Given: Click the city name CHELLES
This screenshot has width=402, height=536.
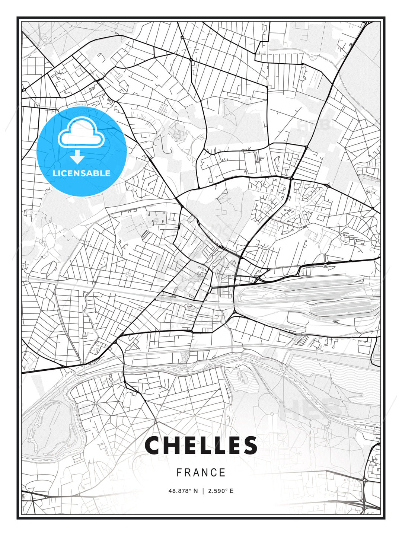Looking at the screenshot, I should click(201, 445).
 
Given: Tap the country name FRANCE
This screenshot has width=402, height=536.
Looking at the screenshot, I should click(201, 473).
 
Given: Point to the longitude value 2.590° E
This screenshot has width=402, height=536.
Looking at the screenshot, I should click(221, 491).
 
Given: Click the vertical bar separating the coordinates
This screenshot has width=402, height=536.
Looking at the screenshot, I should click(203, 491).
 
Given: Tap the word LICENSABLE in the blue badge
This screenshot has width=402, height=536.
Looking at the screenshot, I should click(82, 173).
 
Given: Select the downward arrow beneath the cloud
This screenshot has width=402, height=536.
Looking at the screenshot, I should click(77, 157).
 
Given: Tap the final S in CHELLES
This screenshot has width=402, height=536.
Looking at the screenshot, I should click(249, 445).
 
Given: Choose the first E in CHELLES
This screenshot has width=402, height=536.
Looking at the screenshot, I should click(192, 445).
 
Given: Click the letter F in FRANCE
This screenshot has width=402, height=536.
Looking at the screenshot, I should click(179, 473).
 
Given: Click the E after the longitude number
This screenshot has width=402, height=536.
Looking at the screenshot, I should click(232, 491).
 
